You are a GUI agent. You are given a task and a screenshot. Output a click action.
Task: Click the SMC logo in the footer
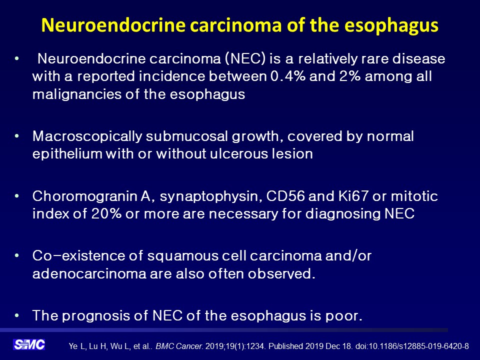pos(29,344)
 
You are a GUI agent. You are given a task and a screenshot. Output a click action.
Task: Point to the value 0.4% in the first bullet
pos(288,76)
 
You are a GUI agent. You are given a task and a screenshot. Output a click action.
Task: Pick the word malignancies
pos(77,94)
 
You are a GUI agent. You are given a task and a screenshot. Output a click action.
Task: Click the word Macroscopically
pos(87,136)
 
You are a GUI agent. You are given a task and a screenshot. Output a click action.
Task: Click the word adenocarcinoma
pos(89,273)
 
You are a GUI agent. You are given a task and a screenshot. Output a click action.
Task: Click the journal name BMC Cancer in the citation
pos(179,346)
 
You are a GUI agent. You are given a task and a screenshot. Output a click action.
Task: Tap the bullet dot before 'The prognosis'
pos(16,315)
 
